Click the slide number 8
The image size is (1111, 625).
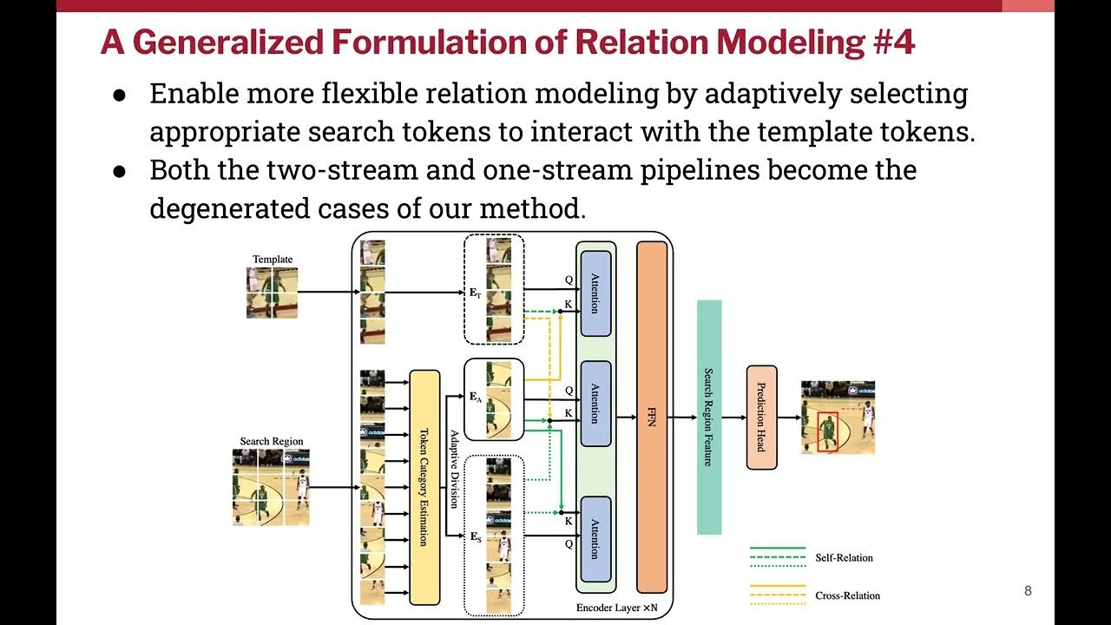click(x=1029, y=592)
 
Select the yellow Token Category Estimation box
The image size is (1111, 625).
click(x=424, y=486)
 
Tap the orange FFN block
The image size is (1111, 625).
click(x=652, y=417)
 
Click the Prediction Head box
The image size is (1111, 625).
click(x=760, y=418)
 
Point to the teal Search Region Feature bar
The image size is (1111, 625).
click(x=709, y=417)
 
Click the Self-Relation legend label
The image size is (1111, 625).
click(x=844, y=557)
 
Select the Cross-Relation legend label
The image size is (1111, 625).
click(x=847, y=595)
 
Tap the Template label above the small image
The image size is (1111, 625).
click(x=273, y=260)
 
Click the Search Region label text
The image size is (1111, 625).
click(x=272, y=442)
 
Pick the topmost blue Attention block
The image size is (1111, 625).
click(x=595, y=293)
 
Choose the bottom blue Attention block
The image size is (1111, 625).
click(x=595, y=539)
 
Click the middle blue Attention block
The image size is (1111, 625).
click(x=595, y=404)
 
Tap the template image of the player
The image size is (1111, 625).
click(x=272, y=293)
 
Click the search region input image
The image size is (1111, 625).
click(x=271, y=487)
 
